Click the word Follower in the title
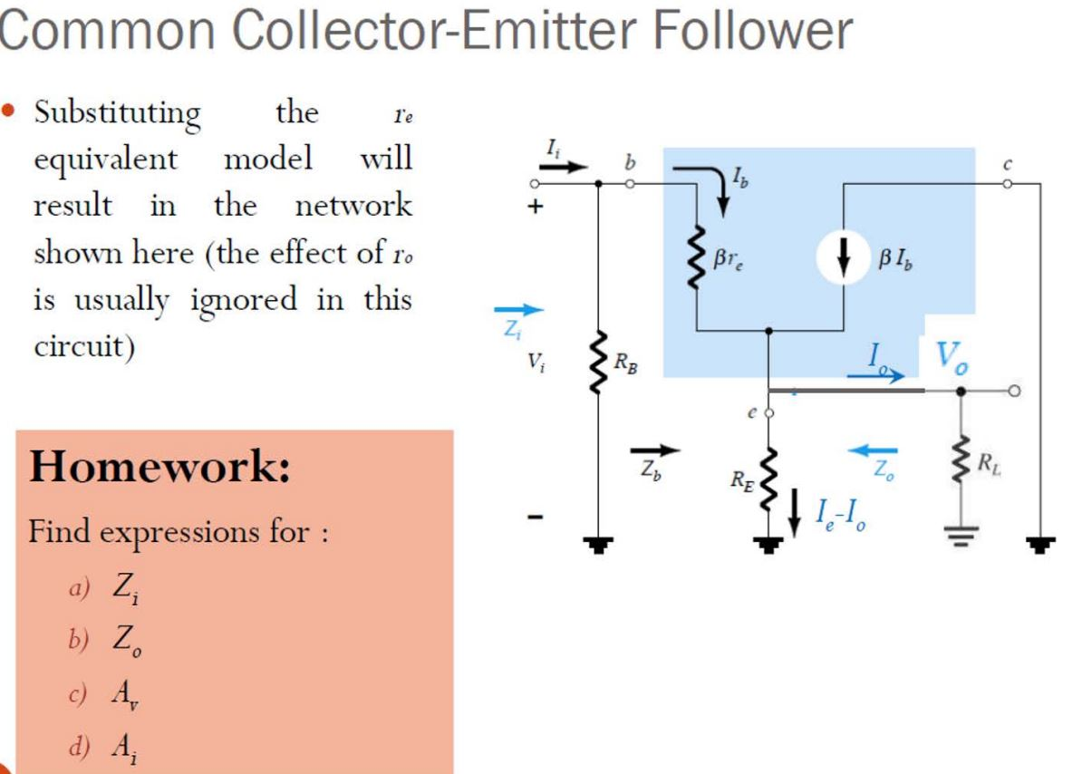pyautogui.click(x=749, y=32)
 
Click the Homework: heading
pyautogui.click(x=159, y=469)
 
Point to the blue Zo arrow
pyautogui.click(x=873, y=450)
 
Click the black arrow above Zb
pyautogui.click(x=654, y=449)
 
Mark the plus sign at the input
pyautogui.click(x=536, y=207)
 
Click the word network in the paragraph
pyautogui.click(x=353, y=206)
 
